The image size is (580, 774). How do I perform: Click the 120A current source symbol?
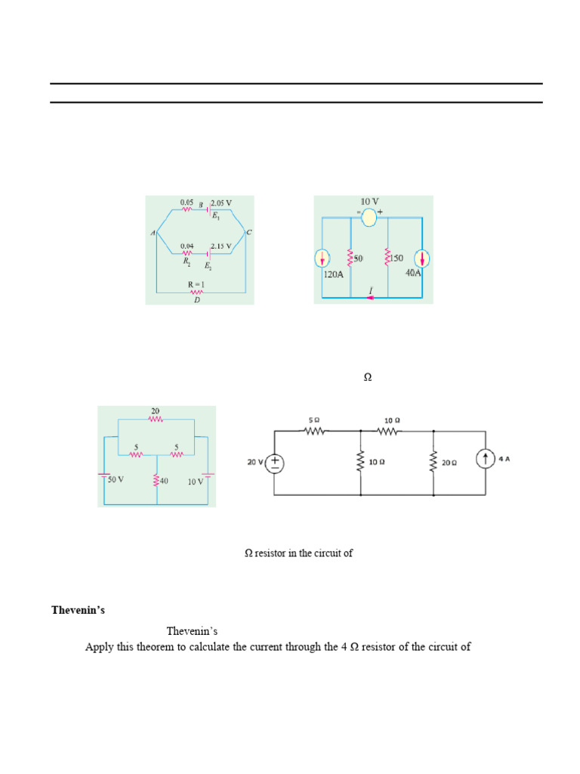click(x=322, y=259)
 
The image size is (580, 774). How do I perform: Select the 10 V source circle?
click(x=369, y=218)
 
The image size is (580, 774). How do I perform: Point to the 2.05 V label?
click(x=221, y=203)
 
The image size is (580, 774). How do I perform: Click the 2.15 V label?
click(x=221, y=246)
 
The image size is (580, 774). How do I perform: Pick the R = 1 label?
click(x=197, y=285)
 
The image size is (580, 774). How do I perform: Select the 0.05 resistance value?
click(x=187, y=202)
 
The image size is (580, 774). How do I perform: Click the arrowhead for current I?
click(x=371, y=297)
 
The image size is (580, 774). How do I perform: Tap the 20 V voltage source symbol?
click(x=275, y=463)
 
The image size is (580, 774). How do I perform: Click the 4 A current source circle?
click(x=484, y=458)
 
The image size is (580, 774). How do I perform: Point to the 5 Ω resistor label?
click(x=314, y=420)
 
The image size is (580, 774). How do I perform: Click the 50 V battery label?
click(x=115, y=480)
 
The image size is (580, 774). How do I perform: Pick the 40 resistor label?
click(x=164, y=480)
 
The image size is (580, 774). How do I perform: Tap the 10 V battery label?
click(x=196, y=481)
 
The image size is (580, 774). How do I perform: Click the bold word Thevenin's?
click(x=76, y=609)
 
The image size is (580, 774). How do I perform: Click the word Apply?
click(x=97, y=647)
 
